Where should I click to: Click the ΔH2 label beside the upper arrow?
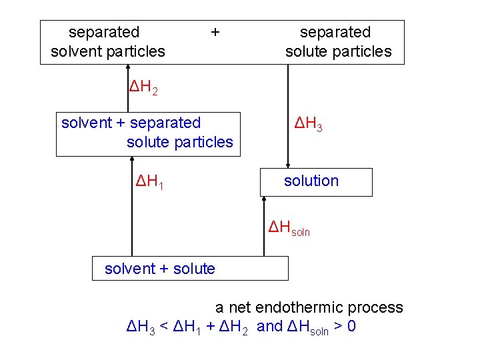coord(143,87)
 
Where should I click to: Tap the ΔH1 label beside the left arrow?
coord(150,181)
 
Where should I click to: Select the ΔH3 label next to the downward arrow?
coord(309,123)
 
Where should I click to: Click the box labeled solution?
coord(316,182)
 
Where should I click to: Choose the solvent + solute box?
coord(190,269)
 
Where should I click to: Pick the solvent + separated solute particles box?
coord(147,133)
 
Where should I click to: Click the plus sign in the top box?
coord(215,31)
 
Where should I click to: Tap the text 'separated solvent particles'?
coord(107,41)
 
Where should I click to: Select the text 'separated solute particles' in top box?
coord(338,41)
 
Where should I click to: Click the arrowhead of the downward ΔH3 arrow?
coord(288,165)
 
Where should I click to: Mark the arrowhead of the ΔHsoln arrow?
coord(265,201)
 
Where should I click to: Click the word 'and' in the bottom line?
coord(269,327)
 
